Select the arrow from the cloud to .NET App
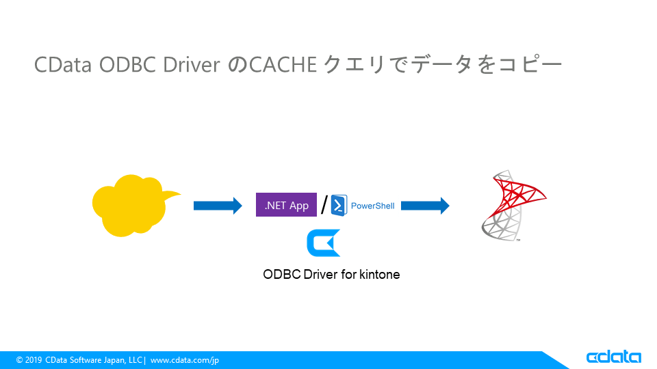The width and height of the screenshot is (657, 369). [x=218, y=205]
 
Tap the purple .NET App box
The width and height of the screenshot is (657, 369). [x=286, y=205]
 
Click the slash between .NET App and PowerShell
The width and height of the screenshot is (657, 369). [x=324, y=204]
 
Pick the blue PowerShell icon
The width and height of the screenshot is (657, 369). [x=339, y=205]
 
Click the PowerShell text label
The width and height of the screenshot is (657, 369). [x=372, y=206]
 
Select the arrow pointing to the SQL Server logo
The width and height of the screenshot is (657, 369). [x=424, y=205]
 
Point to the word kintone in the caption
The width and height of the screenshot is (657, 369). [x=379, y=275]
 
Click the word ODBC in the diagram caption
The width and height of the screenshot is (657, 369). [x=280, y=275]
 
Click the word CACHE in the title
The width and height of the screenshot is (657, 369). [x=283, y=65]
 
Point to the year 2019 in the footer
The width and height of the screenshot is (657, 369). [x=34, y=360]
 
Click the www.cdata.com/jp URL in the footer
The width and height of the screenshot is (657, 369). [x=185, y=360]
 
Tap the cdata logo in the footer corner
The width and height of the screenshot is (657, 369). [x=613, y=357]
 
